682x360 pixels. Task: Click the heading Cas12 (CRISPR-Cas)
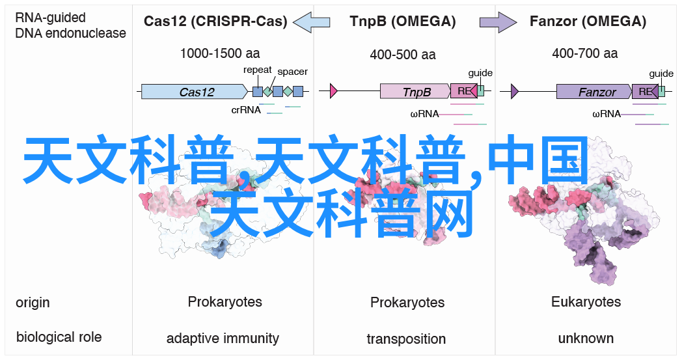[215, 21]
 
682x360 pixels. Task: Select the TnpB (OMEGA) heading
[403, 21]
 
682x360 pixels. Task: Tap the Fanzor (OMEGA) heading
[588, 21]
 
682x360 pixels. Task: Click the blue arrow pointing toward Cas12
[312, 21]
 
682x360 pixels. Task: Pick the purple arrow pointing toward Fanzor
[498, 21]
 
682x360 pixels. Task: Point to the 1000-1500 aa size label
[220, 53]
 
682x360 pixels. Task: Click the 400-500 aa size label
[403, 55]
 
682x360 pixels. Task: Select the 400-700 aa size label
[584, 53]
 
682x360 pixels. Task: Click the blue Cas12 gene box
[195, 91]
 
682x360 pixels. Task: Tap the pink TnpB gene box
[415, 91]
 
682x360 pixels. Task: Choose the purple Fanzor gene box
[594, 91]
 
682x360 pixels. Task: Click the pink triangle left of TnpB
[334, 91]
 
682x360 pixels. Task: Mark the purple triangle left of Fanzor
[515, 91]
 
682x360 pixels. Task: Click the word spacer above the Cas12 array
[292, 72]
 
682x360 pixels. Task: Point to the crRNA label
[246, 110]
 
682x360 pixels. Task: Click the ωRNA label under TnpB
[424, 114]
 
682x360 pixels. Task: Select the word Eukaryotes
[586, 301]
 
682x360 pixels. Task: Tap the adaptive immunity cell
[223, 339]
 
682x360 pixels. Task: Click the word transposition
[406, 339]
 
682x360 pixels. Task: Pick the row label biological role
[59, 337]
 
